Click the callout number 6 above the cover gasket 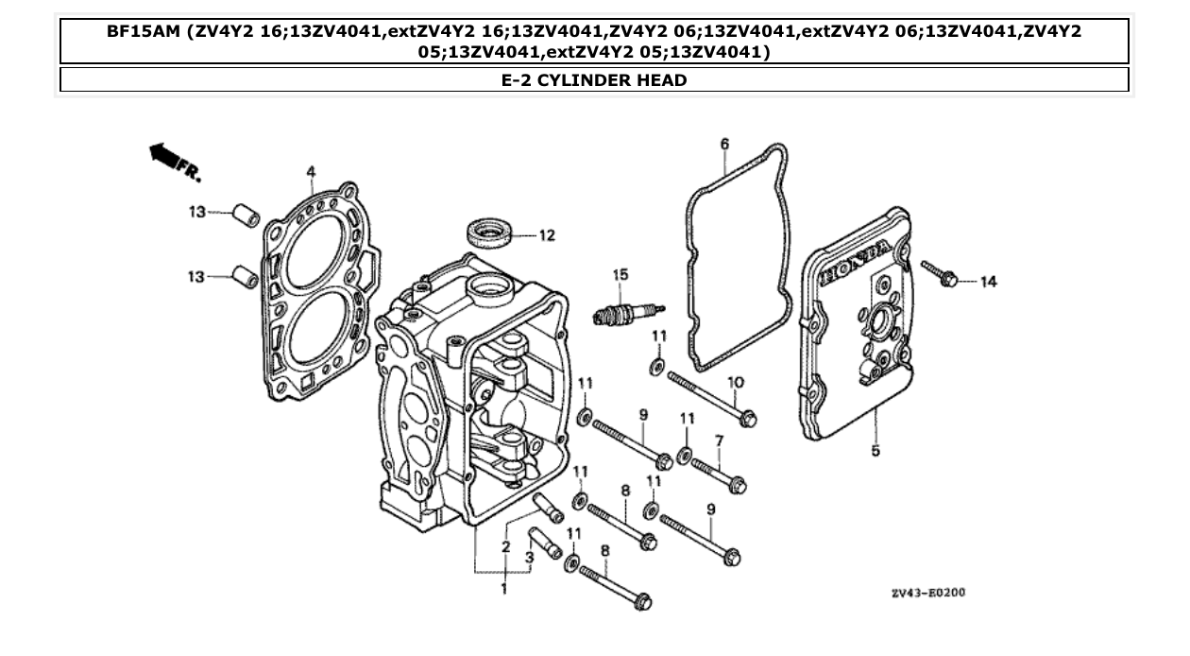tap(724, 144)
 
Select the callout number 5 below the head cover tap(875, 451)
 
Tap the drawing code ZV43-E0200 tap(927, 593)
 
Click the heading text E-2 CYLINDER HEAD tap(594, 80)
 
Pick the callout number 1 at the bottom tap(503, 589)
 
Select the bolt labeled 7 tap(719, 474)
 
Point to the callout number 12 tap(547, 235)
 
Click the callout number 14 tap(988, 282)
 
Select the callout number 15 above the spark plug tap(620, 274)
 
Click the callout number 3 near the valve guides tap(529, 558)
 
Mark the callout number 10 tap(735, 382)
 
